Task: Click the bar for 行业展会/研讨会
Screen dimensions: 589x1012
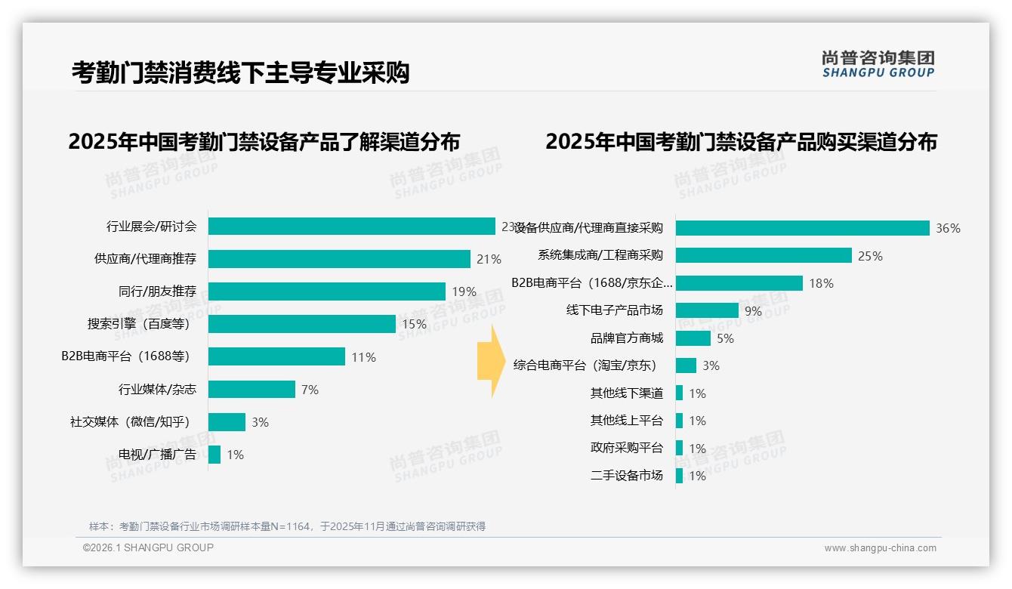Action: (351, 227)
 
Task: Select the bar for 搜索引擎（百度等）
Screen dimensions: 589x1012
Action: (301, 324)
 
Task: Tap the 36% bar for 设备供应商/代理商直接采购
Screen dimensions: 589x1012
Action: (802, 228)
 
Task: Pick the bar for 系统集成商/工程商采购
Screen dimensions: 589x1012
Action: (764, 255)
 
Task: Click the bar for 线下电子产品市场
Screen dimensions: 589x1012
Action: (707, 310)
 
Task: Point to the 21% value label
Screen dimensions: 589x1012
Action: (489, 259)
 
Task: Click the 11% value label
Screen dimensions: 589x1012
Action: (363, 357)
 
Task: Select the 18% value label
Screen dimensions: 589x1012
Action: (821, 283)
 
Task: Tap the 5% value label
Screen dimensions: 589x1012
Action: (725, 338)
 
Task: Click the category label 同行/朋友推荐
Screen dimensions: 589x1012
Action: (157, 291)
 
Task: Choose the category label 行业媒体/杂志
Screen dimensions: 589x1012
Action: (157, 390)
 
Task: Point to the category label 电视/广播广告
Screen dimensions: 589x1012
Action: (157, 455)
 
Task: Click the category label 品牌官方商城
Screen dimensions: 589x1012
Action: (626, 338)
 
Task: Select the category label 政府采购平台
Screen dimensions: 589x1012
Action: (626, 448)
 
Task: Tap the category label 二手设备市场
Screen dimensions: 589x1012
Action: (626, 476)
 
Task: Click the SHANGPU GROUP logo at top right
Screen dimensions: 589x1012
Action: (878, 64)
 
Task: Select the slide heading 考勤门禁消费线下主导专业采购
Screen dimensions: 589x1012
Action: (240, 72)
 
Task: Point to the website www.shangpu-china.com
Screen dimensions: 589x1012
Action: (880, 548)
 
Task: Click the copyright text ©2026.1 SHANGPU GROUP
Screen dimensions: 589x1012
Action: (148, 547)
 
